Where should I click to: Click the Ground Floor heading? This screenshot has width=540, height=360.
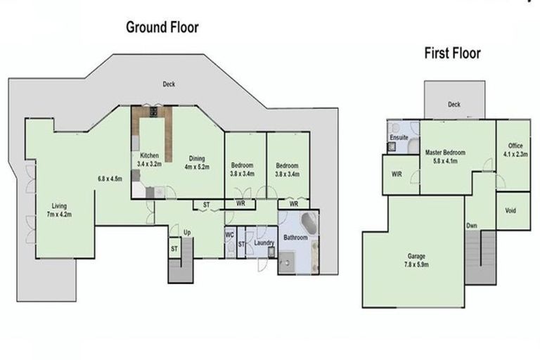(162, 27)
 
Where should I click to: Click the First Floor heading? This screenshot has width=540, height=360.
(451, 53)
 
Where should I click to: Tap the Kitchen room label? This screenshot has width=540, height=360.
(148, 159)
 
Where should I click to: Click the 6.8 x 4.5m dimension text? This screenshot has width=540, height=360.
(110, 179)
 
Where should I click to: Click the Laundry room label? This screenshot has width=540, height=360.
(264, 243)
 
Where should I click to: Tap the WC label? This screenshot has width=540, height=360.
(229, 235)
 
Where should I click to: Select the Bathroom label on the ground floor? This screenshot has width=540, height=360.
(295, 238)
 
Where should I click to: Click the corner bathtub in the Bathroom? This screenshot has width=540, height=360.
(308, 224)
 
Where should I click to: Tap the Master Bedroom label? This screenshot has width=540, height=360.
(445, 156)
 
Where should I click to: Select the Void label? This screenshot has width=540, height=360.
(513, 210)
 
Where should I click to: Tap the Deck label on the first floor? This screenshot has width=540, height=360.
(454, 105)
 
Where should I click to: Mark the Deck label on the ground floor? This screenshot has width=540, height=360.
(169, 84)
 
